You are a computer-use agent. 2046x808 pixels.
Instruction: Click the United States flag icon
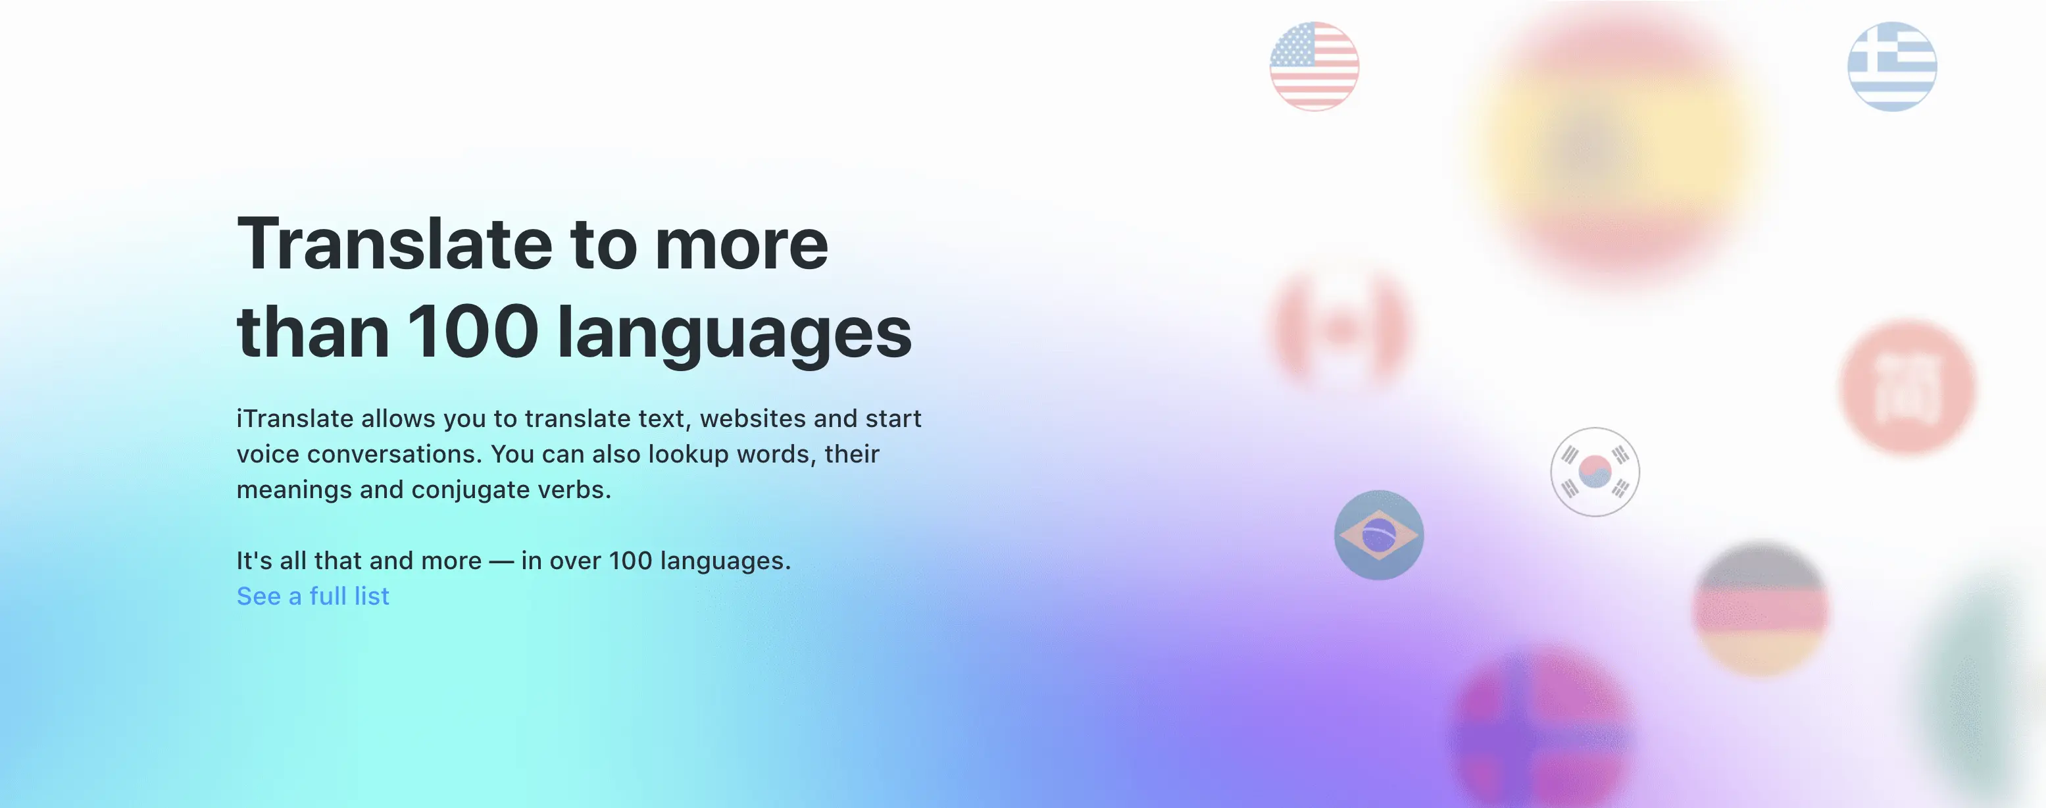[1314, 66]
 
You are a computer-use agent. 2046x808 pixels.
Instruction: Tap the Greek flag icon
[1892, 66]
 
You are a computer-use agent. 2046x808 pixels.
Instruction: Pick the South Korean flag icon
[1595, 472]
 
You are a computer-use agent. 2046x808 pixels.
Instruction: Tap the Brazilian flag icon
[1379, 535]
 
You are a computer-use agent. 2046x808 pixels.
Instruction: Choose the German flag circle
[1762, 609]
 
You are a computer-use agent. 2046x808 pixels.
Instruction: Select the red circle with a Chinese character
[1908, 387]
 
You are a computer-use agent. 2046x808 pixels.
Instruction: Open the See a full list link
[313, 596]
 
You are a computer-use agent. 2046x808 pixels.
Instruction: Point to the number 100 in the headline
[474, 332]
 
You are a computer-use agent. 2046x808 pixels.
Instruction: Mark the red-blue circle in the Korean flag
[1595, 472]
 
